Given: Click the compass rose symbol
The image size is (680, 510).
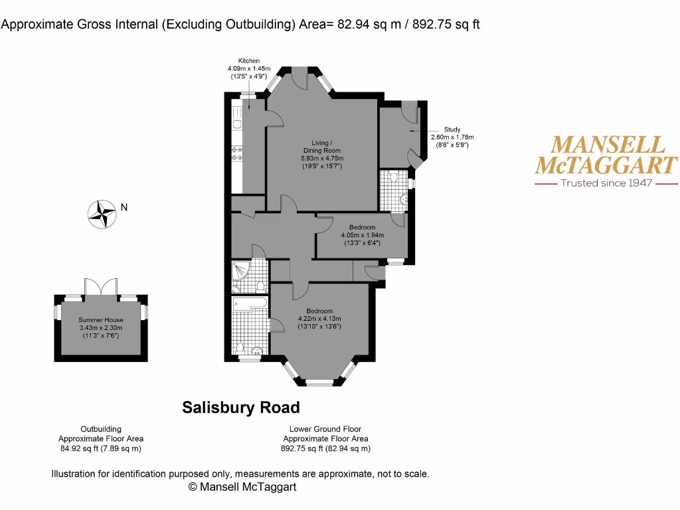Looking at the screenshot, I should (x=102, y=214).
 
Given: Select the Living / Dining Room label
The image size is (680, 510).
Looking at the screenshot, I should (x=322, y=145).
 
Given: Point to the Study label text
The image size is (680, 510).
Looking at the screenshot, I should (x=452, y=129).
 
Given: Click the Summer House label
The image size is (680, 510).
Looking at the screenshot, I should (x=101, y=320).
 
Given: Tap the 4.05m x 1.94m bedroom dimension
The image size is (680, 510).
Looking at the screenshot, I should (x=363, y=235).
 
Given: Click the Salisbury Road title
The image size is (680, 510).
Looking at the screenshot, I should (x=241, y=407).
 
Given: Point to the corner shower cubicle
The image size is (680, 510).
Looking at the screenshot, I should (x=240, y=270).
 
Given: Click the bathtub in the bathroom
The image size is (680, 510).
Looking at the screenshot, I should (x=250, y=303).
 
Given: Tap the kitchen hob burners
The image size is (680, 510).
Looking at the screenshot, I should (x=237, y=154).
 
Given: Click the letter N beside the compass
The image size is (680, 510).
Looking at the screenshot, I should (x=124, y=207).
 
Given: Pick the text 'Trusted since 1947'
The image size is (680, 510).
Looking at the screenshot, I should (x=606, y=183).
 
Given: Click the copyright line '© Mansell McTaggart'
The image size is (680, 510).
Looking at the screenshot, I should (x=242, y=487).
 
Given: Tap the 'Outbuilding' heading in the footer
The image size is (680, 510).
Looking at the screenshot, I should (x=101, y=429).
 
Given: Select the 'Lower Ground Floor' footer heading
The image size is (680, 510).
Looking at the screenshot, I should (x=325, y=429).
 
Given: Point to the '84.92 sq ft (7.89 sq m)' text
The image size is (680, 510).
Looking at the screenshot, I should (x=101, y=448).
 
